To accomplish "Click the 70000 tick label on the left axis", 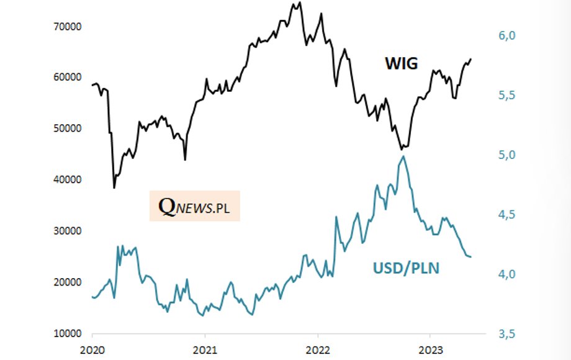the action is tap(68, 27).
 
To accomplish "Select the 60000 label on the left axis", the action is tap(68, 77).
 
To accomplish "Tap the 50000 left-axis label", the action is tap(68, 128).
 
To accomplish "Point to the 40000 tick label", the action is tap(68, 180).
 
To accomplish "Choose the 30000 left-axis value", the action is tap(68, 231).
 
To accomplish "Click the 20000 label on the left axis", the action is tap(68, 282).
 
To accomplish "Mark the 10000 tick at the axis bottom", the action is tap(68, 334).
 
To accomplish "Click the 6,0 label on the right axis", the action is tap(507, 35).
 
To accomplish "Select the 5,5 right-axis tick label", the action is tap(507, 96).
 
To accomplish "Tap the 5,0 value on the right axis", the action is tap(507, 155).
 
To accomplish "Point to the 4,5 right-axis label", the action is tap(507, 215).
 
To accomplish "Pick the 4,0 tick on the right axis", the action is tap(507, 274).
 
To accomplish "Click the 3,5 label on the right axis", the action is tap(507, 334).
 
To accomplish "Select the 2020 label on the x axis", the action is tap(92, 350).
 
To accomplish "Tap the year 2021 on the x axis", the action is tap(205, 350).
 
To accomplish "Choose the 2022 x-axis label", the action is tap(318, 350).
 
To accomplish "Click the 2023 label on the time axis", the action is tap(431, 350).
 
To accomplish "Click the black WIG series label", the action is tap(402, 63).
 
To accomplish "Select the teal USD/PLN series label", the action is tap(406, 268).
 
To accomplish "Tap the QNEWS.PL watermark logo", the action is tap(194, 206).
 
